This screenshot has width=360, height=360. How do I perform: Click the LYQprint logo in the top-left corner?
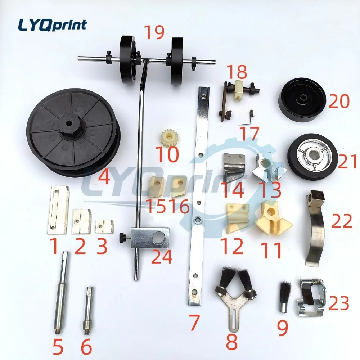tap(52, 25)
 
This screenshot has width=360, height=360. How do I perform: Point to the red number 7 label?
tap(194, 323)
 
